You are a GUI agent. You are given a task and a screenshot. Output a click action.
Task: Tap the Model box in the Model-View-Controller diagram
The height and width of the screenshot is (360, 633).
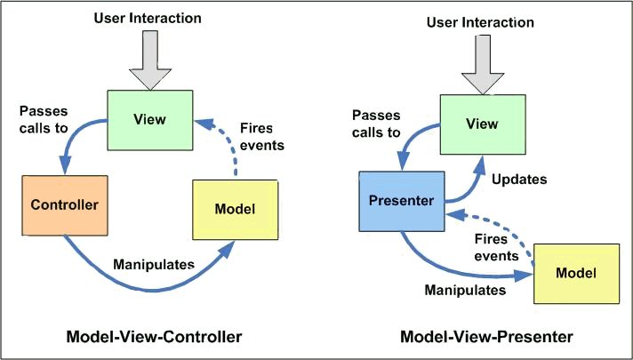pyautogui.click(x=235, y=209)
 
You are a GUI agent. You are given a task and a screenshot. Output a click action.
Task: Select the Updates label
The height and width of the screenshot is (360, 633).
pyautogui.click(x=517, y=179)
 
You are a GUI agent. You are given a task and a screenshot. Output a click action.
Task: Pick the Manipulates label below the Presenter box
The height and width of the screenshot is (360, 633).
pyautogui.click(x=465, y=290)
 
